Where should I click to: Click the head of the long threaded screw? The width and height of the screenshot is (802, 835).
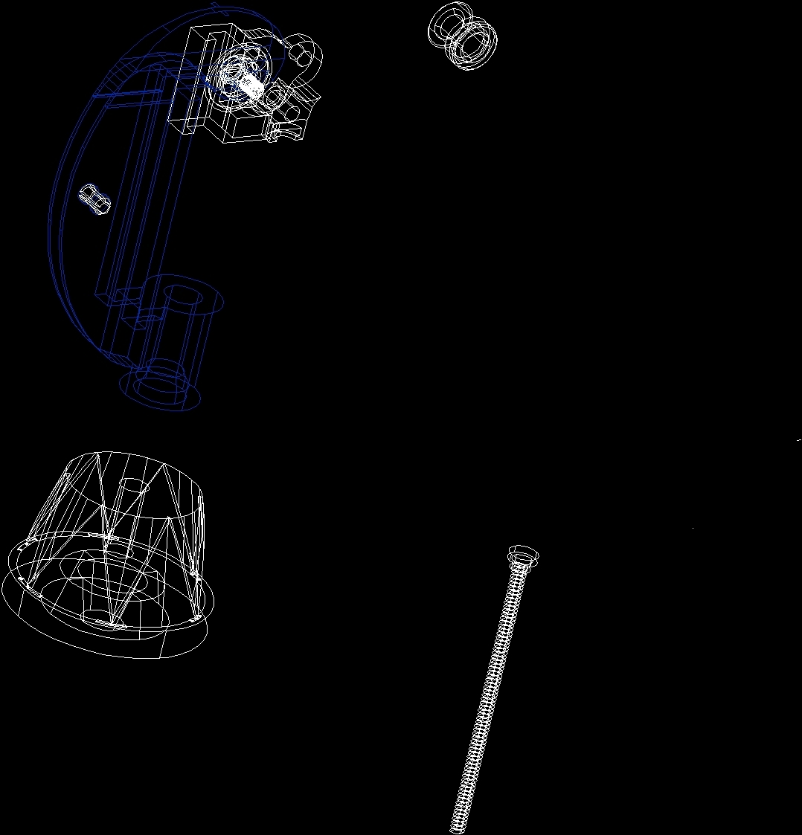pyautogui.click(x=523, y=555)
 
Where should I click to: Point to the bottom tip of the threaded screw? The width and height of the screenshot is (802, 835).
pyautogui.click(x=458, y=827)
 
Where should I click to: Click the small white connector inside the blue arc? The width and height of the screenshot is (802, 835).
pyautogui.click(x=94, y=198)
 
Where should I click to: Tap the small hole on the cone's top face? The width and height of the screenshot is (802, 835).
pyautogui.click(x=134, y=486)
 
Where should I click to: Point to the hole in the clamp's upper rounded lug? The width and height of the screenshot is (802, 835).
pyautogui.click(x=301, y=54)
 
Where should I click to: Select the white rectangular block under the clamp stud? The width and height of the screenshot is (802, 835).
pyautogui.click(x=246, y=126)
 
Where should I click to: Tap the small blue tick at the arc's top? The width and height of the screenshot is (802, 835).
pyautogui.click(x=215, y=7)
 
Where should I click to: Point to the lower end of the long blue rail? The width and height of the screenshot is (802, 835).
pyautogui.click(x=109, y=294)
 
